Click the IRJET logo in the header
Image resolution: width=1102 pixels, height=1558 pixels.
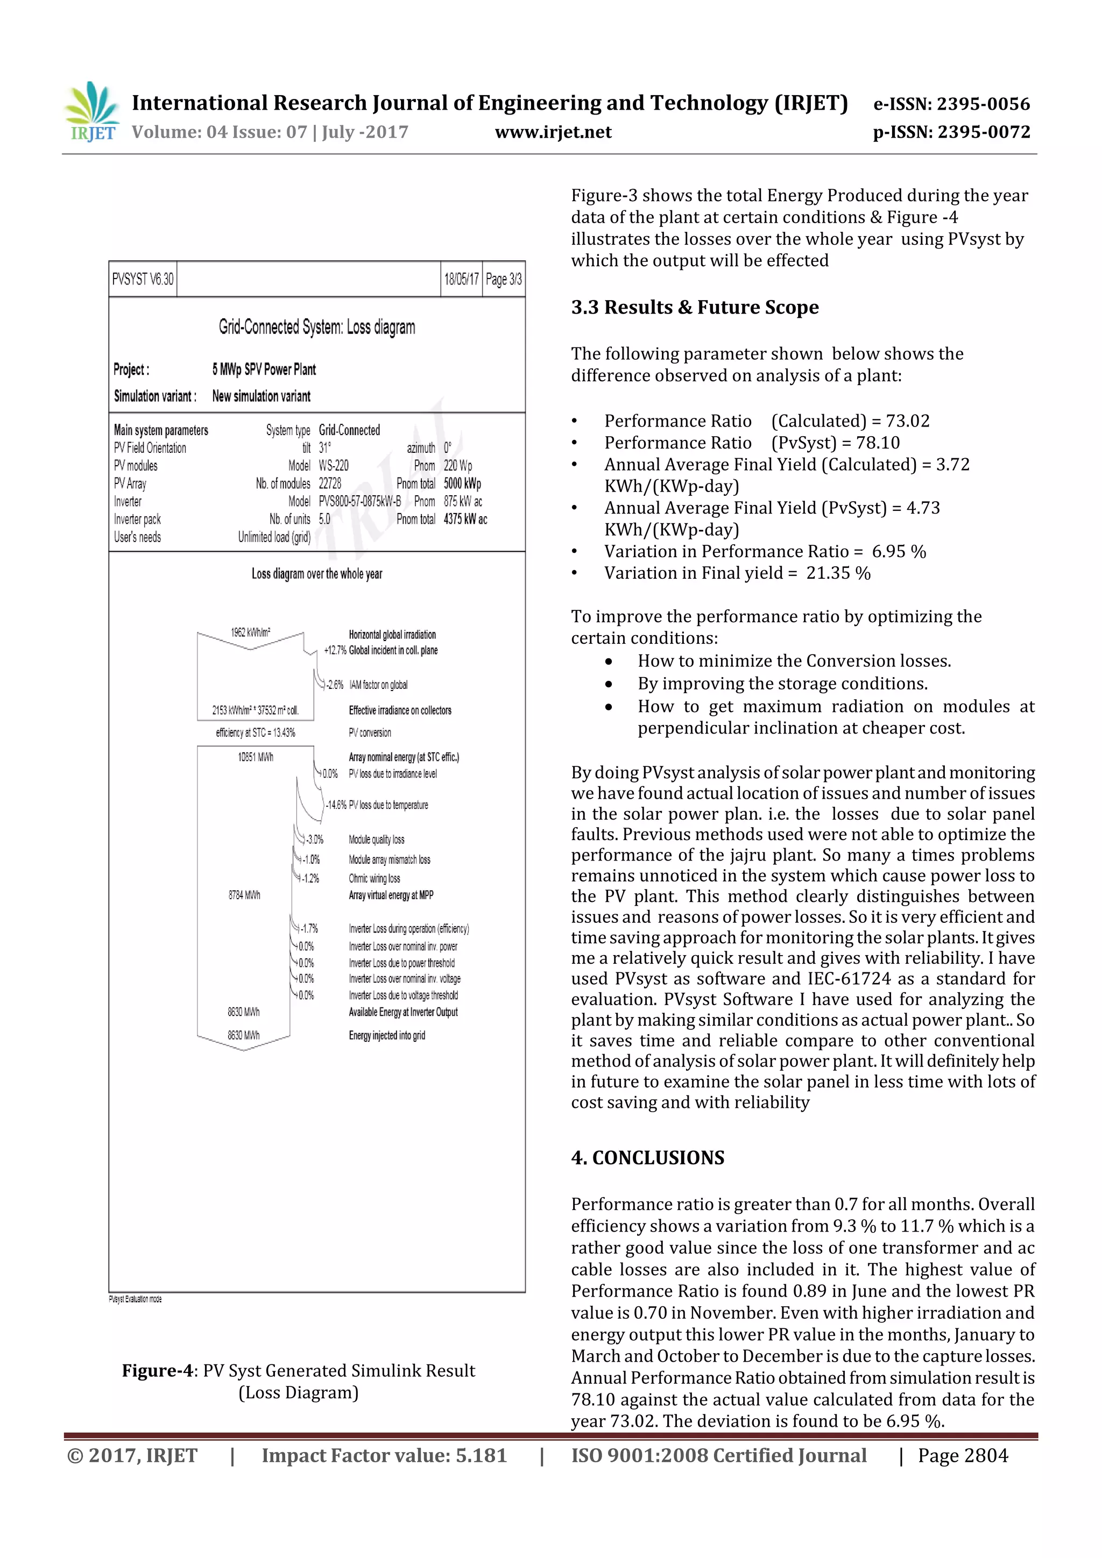click(91, 112)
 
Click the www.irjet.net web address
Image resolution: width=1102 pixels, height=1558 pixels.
click(553, 132)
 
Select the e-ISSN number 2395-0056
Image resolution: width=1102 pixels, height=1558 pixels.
click(983, 104)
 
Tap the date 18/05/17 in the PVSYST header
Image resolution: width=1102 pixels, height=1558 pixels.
click(461, 279)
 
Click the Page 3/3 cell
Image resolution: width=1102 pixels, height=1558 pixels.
click(504, 279)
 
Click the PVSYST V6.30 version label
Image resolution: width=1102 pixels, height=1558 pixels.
click(143, 279)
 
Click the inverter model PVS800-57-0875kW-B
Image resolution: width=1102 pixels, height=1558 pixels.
click(360, 501)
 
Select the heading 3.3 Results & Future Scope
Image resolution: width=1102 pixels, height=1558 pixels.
click(695, 308)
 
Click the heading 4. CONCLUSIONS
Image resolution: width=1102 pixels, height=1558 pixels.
click(647, 1158)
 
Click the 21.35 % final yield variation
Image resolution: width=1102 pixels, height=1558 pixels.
click(838, 573)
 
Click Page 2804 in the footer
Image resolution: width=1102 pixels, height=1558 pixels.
click(963, 1455)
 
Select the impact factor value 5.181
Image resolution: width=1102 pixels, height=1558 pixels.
click(481, 1455)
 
